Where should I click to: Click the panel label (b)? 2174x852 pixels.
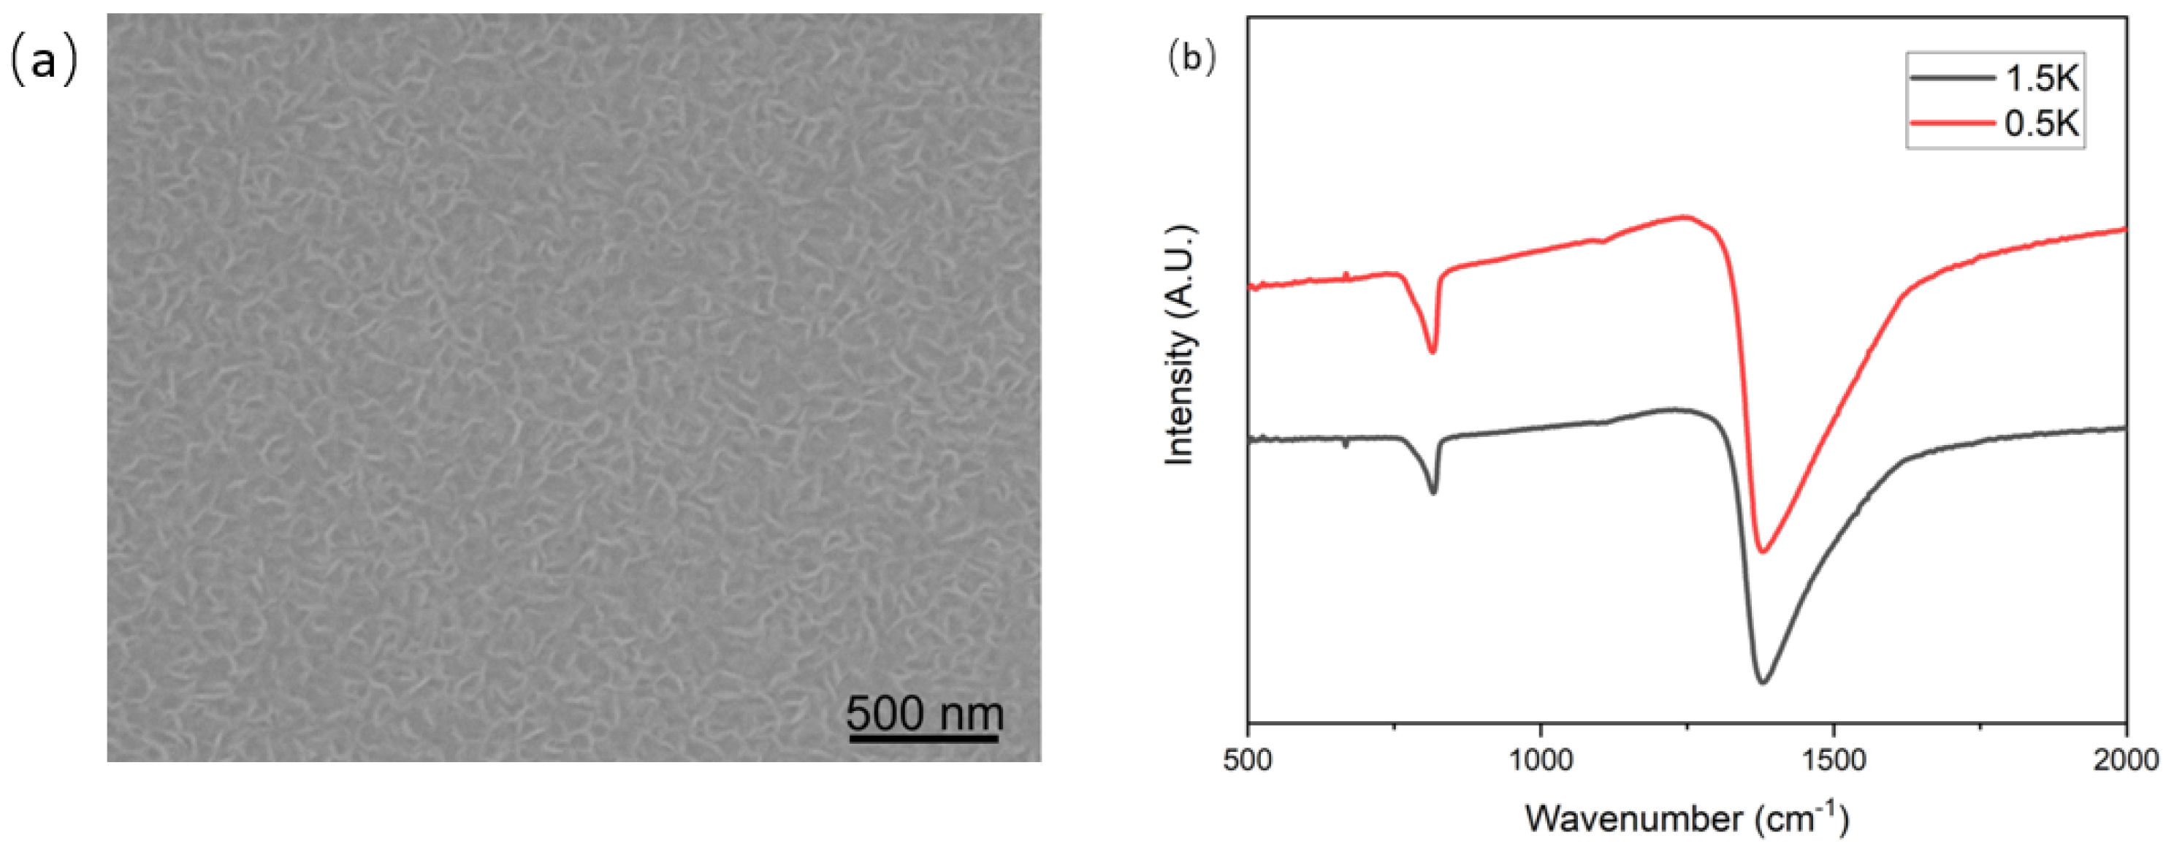(1191, 59)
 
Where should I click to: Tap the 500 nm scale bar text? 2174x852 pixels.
(925, 713)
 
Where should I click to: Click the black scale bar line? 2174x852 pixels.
(923, 739)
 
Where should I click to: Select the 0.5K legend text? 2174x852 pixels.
(2042, 124)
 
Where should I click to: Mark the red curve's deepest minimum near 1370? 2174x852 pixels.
(1762, 552)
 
